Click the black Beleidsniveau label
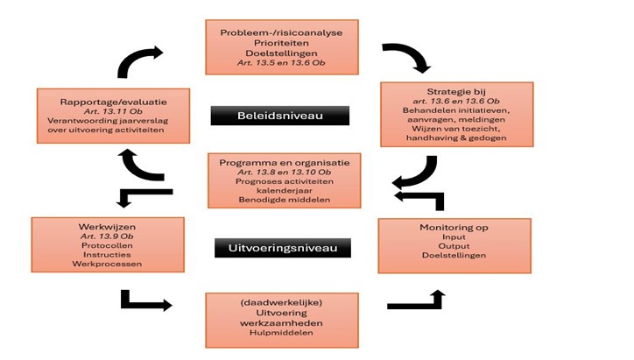tap(279, 116)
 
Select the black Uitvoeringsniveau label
tap(283, 249)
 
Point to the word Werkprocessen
tap(108, 264)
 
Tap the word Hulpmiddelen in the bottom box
tap(282, 332)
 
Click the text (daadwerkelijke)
tap(282, 302)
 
